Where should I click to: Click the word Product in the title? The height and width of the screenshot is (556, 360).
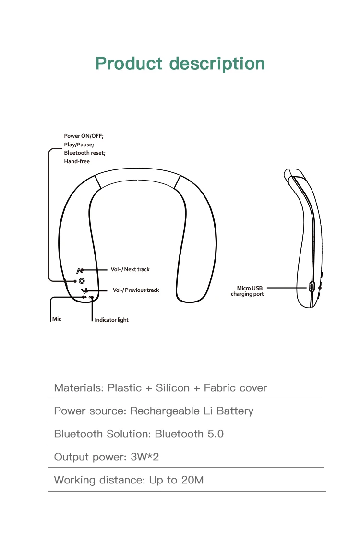point(129,63)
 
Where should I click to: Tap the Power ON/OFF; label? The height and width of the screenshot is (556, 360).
point(84,136)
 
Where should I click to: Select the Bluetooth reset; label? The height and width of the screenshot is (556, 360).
point(84,153)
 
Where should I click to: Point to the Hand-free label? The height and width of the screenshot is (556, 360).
point(77,161)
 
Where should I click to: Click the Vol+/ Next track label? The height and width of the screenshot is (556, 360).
point(130,269)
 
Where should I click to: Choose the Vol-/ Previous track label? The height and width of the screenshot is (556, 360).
point(136,290)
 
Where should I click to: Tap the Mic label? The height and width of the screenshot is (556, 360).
point(57,319)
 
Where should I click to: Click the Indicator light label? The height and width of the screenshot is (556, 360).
point(111,320)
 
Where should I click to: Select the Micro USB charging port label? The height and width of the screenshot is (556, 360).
point(248,291)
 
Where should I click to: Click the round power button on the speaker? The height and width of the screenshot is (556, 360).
point(81,281)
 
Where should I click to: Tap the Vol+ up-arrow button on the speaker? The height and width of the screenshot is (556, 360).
point(80,270)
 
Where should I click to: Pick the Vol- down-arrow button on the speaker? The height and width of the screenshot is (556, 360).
point(84,291)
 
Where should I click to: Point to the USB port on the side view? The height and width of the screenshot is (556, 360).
point(312,287)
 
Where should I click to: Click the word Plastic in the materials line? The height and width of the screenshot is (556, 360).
point(125,387)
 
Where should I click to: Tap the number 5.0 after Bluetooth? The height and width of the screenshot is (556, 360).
point(216,434)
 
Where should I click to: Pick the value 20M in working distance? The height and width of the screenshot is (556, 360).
point(192,480)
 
